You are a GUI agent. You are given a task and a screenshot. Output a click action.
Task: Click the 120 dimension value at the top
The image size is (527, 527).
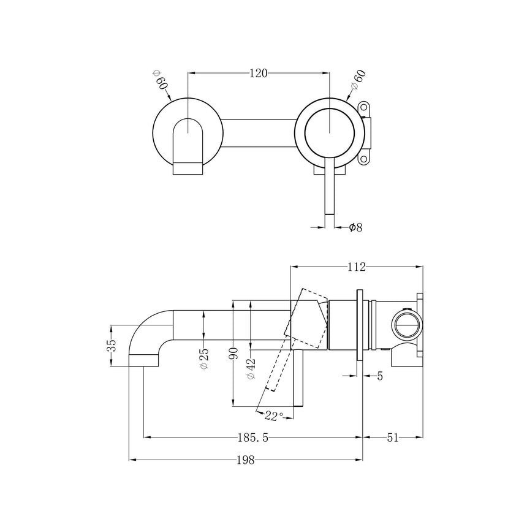click(x=259, y=73)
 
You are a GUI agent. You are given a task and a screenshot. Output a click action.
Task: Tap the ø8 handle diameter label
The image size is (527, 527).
click(x=355, y=227)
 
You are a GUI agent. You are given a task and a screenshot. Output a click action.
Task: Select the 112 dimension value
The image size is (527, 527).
click(x=356, y=267)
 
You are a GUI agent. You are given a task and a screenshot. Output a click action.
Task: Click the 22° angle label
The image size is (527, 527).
click(x=273, y=415)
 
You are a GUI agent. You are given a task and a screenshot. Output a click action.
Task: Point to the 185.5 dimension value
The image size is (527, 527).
click(x=252, y=437)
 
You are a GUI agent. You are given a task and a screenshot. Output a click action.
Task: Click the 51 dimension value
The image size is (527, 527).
click(x=393, y=437)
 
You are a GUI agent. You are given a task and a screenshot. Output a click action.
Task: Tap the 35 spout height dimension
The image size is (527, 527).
click(x=112, y=346)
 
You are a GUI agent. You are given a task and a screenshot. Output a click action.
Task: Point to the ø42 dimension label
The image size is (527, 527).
click(x=251, y=368)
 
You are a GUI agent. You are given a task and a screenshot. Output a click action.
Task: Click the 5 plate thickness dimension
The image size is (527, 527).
click(x=380, y=376)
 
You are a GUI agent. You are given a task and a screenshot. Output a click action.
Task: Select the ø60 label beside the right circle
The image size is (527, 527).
click(x=357, y=82)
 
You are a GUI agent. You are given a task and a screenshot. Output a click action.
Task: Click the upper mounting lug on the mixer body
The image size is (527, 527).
click(x=366, y=109)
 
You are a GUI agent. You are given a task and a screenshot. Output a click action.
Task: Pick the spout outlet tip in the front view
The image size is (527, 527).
click(x=189, y=168)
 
